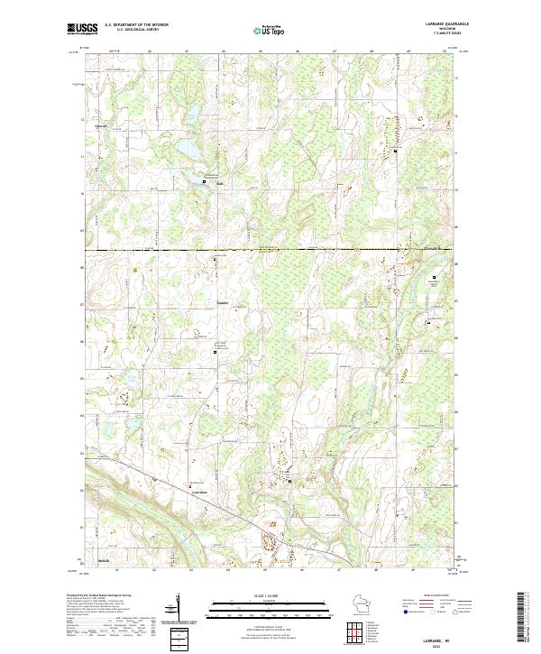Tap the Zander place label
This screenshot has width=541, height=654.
tap(224, 302)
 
